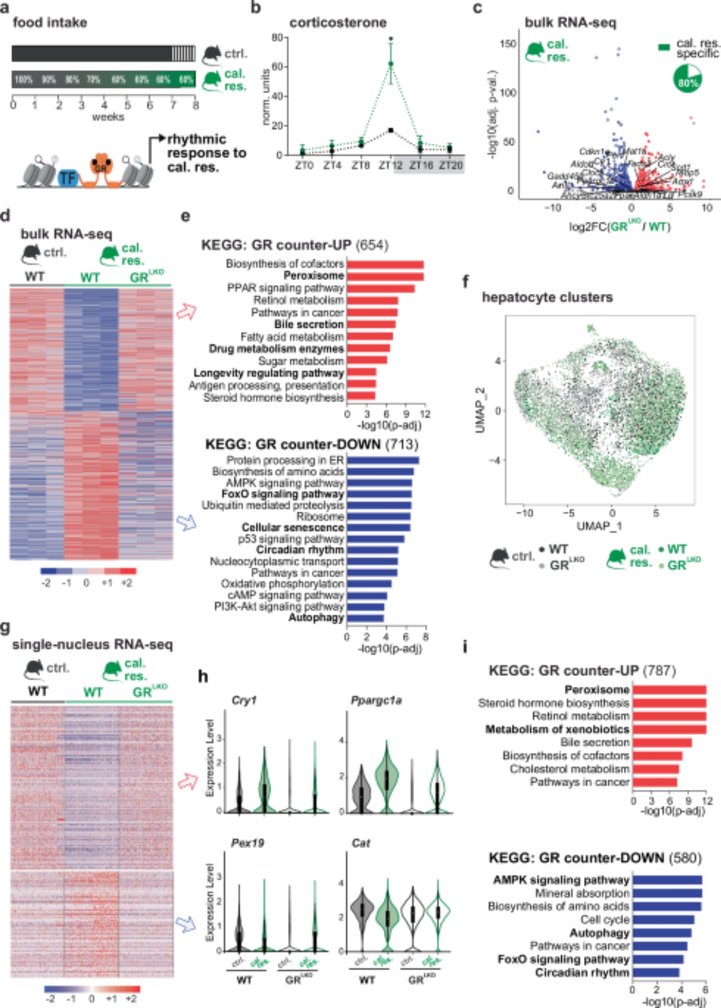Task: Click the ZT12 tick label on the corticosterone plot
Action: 390,165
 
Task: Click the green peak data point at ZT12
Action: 391,64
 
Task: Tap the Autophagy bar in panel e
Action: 366,618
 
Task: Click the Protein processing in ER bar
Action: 383,460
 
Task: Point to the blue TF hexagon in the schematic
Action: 68,177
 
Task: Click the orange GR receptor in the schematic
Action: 101,166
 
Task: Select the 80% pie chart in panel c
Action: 687,79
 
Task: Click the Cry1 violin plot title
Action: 244,701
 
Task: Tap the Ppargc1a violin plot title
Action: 376,701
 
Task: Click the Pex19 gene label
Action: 247,843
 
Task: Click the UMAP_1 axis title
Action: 599,526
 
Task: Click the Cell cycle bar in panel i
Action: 664,920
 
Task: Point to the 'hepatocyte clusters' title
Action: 547,297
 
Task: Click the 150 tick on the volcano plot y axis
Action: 508,44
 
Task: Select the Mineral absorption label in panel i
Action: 582,893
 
